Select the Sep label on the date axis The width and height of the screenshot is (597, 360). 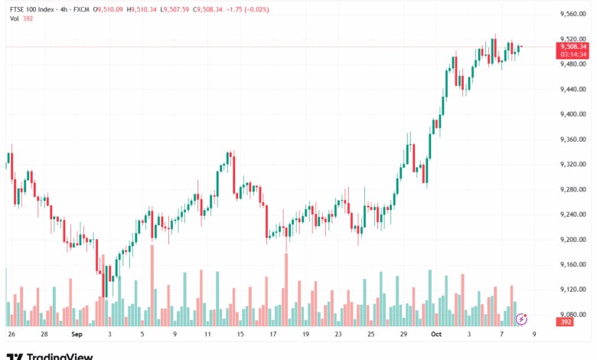77,335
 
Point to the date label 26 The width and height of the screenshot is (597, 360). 11,335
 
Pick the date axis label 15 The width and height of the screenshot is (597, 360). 240,335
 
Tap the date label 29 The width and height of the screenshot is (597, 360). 403,335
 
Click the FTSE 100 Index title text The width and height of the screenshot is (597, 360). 31,9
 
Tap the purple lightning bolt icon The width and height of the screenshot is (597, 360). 521,319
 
